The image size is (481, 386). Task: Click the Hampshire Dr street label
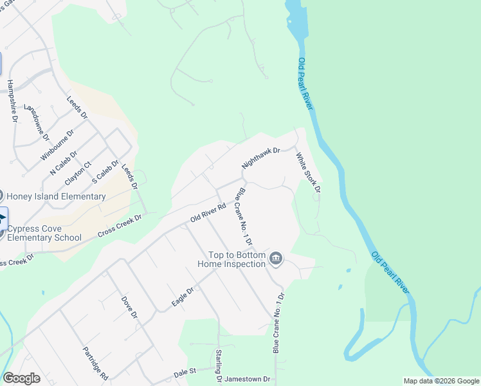click(x=11, y=101)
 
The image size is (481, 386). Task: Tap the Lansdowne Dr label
click(x=36, y=122)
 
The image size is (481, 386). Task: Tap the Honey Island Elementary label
click(x=56, y=196)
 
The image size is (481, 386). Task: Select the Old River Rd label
click(x=208, y=213)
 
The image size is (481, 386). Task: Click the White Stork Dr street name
click(x=308, y=172)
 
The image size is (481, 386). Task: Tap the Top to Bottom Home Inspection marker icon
click(x=276, y=259)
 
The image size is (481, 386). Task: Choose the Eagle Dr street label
click(x=183, y=295)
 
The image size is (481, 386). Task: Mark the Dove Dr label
click(x=129, y=307)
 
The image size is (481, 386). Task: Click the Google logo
click(x=22, y=378)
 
